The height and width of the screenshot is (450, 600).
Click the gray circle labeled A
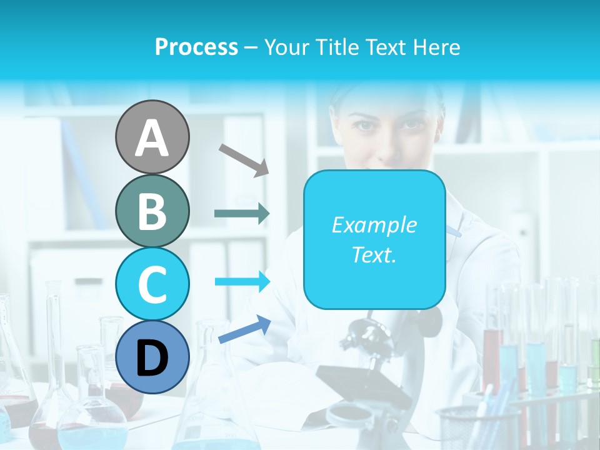pos(152,137)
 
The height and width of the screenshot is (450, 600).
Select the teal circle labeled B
pos(152,211)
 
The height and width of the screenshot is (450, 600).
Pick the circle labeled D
pos(152,357)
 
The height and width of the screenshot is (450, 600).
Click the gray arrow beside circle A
pos(243,159)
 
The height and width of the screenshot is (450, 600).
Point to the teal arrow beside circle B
pos(242,213)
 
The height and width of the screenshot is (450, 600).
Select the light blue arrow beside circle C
pos(242,281)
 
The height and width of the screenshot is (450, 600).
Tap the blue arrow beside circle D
pos(244,329)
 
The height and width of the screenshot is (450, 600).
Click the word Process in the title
pos(196,47)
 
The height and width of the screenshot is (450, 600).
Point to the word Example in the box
pos(374,225)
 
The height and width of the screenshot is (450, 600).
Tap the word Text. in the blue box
pos(374,254)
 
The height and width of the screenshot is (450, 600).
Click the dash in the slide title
pos(251,47)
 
